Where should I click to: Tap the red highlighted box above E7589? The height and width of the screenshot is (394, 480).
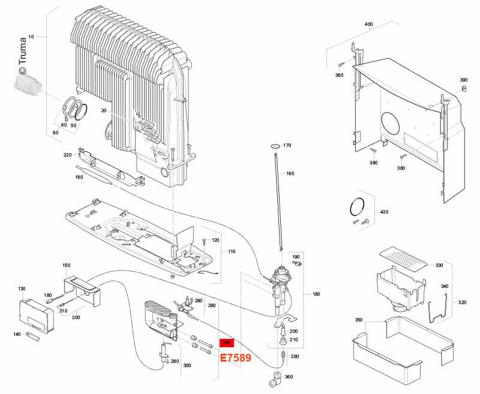pyautogui.click(x=227, y=343)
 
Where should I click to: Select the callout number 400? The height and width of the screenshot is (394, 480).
pyautogui.click(x=368, y=25)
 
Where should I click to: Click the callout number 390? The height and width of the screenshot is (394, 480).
pyautogui.click(x=463, y=80)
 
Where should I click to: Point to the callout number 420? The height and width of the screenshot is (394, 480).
pyautogui.click(x=385, y=213)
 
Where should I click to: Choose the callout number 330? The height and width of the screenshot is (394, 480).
pyautogui.click(x=439, y=265)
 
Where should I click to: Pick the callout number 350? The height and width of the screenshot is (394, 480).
pyautogui.click(x=359, y=320)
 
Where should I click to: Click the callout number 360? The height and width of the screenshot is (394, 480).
pyautogui.click(x=289, y=377)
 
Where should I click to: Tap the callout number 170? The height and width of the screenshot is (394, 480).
pyautogui.click(x=287, y=146)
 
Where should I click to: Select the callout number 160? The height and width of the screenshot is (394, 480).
pyautogui.click(x=290, y=174)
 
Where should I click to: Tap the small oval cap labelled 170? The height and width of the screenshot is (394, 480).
pyautogui.click(x=275, y=146)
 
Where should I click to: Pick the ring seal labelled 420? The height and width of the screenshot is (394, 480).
pyautogui.click(x=357, y=207)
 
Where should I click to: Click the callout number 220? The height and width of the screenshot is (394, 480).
pyautogui.click(x=67, y=155)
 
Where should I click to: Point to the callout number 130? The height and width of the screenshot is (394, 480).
pyautogui.click(x=22, y=289)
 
